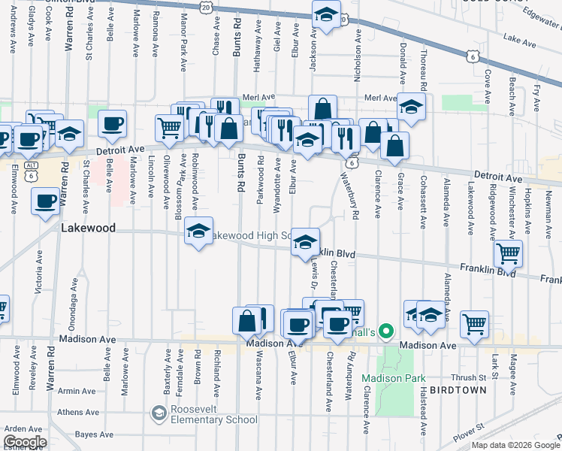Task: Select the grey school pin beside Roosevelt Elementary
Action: [159, 413]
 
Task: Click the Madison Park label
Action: [394, 378]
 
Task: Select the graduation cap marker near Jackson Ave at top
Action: [326, 15]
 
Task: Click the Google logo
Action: [25, 443]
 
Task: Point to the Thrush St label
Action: [470, 378]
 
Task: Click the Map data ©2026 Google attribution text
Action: [515, 445]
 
